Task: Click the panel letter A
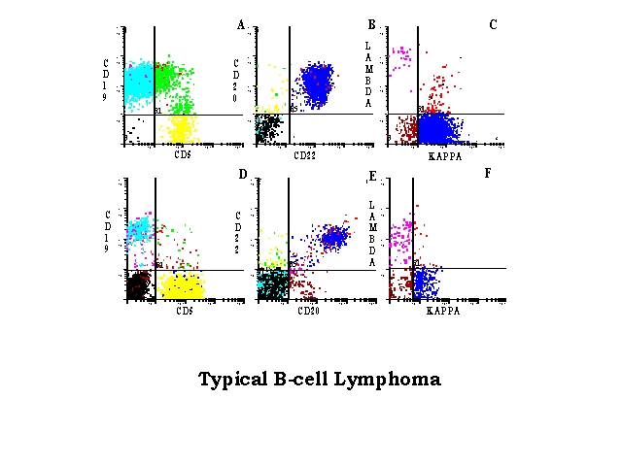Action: pyautogui.click(x=240, y=24)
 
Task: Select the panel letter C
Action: pyautogui.click(x=493, y=24)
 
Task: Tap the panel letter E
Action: pyautogui.click(x=371, y=176)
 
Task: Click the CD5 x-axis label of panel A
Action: pyautogui.click(x=182, y=153)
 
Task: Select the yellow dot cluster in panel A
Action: pyautogui.click(x=181, y=127)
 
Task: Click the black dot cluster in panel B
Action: pyautogui.click(x=266, y=127)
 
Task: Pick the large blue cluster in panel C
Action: pyautogui.click(x=436, y=127)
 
